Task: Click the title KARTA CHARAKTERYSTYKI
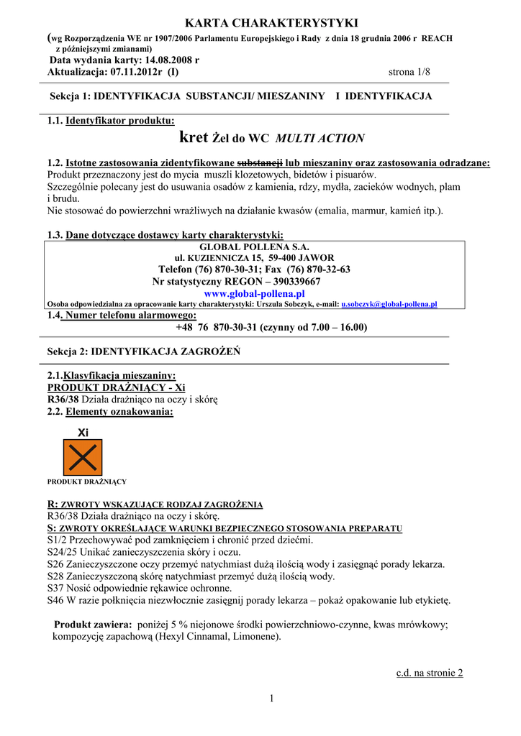point(260,24)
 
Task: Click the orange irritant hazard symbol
point(83,457)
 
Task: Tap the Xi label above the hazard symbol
point(83,433)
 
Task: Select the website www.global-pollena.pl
point(254,293)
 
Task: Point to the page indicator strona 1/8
point(408,72)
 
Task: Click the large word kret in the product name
point(194,137)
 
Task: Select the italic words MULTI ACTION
point(320,138)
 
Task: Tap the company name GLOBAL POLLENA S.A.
point(248,247)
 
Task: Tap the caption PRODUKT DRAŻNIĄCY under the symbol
point(87,481)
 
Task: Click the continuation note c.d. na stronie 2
point(430,673)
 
